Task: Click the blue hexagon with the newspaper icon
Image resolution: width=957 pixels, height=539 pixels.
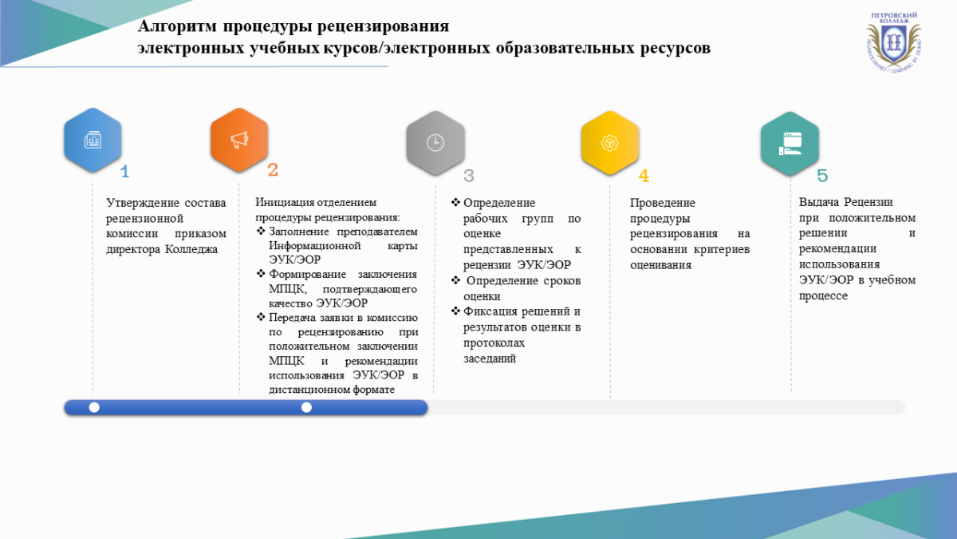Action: (x=93, y=140)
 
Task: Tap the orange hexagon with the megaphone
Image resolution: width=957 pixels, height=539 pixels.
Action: (x=239, y=140)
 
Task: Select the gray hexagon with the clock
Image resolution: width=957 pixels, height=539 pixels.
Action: (x=435, y=143)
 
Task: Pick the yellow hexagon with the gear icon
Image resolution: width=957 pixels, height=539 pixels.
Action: (x=610, y=143)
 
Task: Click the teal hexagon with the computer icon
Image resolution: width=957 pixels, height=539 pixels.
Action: (x=790, y=144)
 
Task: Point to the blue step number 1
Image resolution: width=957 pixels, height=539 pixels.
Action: (x=124, y=172)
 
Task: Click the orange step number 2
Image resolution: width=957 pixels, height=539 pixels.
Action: (x=273, y=170)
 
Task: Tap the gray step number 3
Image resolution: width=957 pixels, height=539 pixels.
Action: (x=469, y=176)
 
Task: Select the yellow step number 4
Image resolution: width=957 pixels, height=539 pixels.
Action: (x=644, y=176)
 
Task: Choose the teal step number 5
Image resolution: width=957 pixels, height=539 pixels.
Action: (x=822, y=176)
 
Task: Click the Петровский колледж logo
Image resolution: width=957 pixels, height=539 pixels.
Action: (x=894, y=42)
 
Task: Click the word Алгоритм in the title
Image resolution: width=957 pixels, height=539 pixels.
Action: (x=177, y=26)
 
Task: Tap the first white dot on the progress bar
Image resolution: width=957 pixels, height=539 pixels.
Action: (x=94, y=408)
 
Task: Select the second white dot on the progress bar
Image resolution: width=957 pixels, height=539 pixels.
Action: (x=306, y=408)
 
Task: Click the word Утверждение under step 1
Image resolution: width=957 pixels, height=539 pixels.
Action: (x=142, y=203)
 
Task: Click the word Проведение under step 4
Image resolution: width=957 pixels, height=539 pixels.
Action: (x=663, y=203)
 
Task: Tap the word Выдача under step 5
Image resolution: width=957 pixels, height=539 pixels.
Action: (x=818, y=202)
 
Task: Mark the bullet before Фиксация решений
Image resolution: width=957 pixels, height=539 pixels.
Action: (x=456, y=311)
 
